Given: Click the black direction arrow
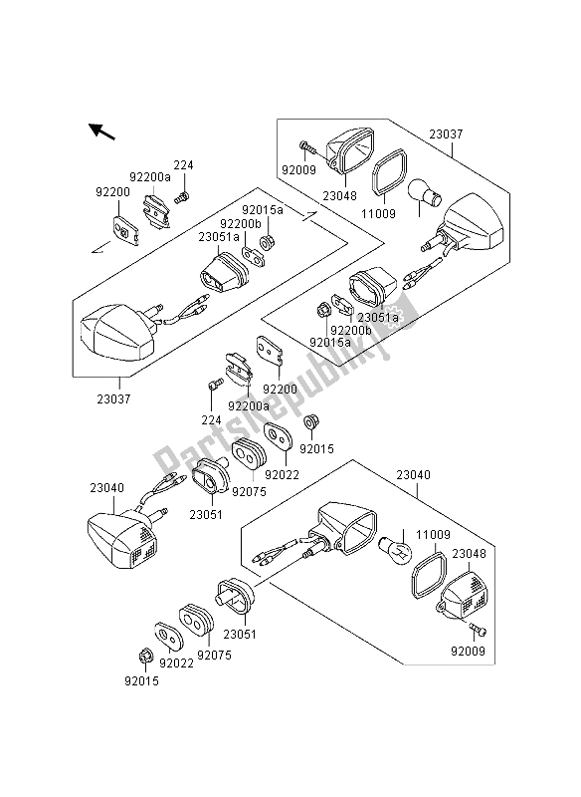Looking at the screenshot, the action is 102,132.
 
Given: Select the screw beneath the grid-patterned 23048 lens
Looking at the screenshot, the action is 478,630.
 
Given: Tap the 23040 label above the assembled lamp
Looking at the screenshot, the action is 107,488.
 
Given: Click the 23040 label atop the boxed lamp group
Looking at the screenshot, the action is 413,475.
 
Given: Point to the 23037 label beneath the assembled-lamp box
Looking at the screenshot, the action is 113,398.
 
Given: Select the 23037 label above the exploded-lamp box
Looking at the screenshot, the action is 446,134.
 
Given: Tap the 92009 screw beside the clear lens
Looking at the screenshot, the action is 307,147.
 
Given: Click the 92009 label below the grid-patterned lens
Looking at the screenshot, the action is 468,651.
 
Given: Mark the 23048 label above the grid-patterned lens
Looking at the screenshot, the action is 469,554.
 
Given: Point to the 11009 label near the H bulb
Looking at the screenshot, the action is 433,535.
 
